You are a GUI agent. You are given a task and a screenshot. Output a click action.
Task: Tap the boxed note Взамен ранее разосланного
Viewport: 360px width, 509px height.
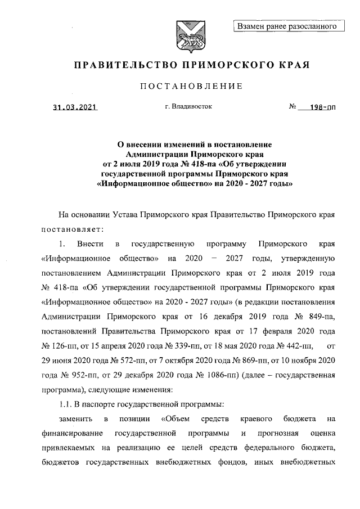coord(287,25)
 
